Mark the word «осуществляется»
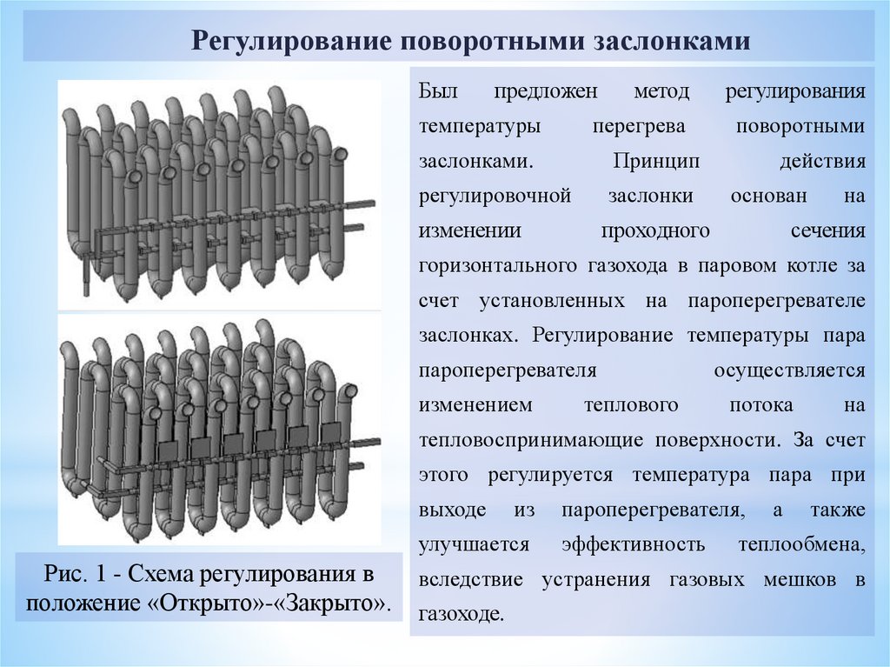coord(789,370)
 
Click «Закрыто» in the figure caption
coord(335,604)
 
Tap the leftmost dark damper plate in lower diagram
coord(169,451)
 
